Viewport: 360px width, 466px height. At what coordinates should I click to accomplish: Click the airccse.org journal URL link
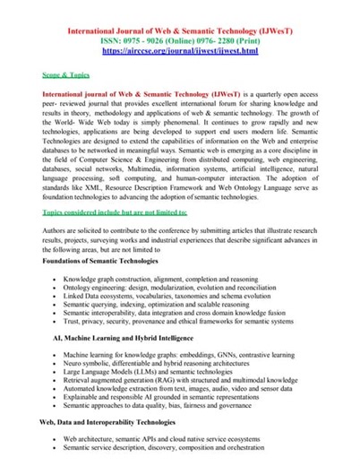coord(180,52)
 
